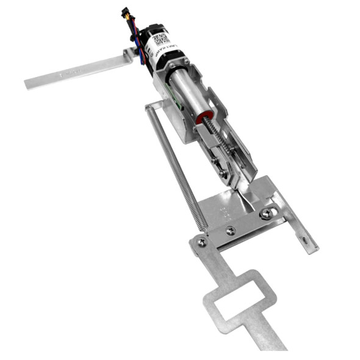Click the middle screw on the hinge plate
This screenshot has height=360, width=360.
[x=230, y=231]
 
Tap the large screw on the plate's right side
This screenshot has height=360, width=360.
[x=267, y=214]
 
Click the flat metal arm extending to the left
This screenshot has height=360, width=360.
[x=73, y=71]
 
